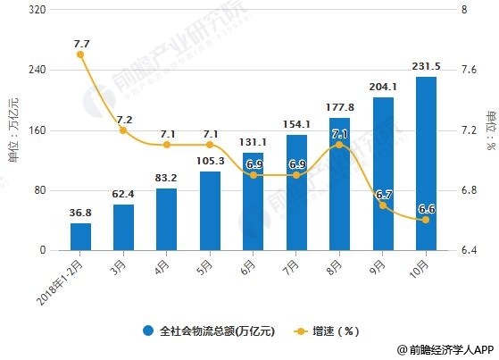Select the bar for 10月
pos(426,163)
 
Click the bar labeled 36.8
pos(81,237)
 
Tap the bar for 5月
pos(210,211)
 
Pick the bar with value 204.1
pos(383,173)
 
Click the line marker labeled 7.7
pos(81,54)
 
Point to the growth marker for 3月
pos(124,130)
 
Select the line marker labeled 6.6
pos(426,220)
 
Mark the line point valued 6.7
pos(383,205)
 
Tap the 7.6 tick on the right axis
pos(467,71)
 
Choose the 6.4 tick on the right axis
pos(467,251)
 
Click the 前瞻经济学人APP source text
pos(441,351)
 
